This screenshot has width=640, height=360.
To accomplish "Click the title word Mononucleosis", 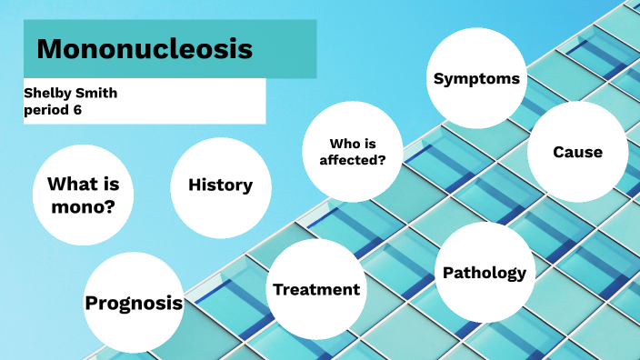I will pyautogui.click(x=145, y=48).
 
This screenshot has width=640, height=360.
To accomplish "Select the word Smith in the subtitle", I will pyautogui.click(x=97, y=94).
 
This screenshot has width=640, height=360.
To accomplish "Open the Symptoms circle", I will pyautogui.click(x=476, y=78).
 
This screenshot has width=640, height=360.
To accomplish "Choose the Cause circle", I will pyautogui.click(x=577, y=152).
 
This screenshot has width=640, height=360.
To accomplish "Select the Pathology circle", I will pyautogui.click(x=485, y=273).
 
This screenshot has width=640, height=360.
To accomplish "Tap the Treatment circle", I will pyautogui.click(x=316, y=289).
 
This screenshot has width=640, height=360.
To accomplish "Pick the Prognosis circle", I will pyautogui.click(x=134, y=303).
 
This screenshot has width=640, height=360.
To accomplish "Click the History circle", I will pyautogui.click(x=220, y=185).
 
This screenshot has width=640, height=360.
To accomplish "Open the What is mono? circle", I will pyautogui.click(x=83, y=194).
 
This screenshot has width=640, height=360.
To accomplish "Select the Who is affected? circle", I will pyautogui.click(x=352, y=152).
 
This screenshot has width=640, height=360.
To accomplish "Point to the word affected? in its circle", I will pyautogui.click(x=352, y=161).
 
